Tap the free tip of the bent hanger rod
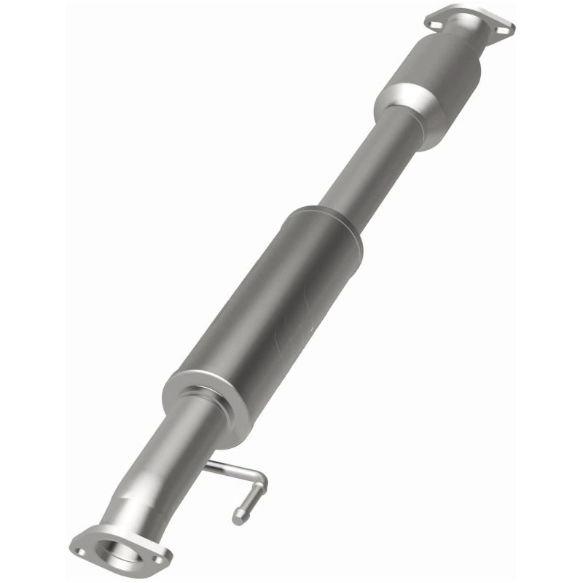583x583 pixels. (238, 519)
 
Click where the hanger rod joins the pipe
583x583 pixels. (208, 464)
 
